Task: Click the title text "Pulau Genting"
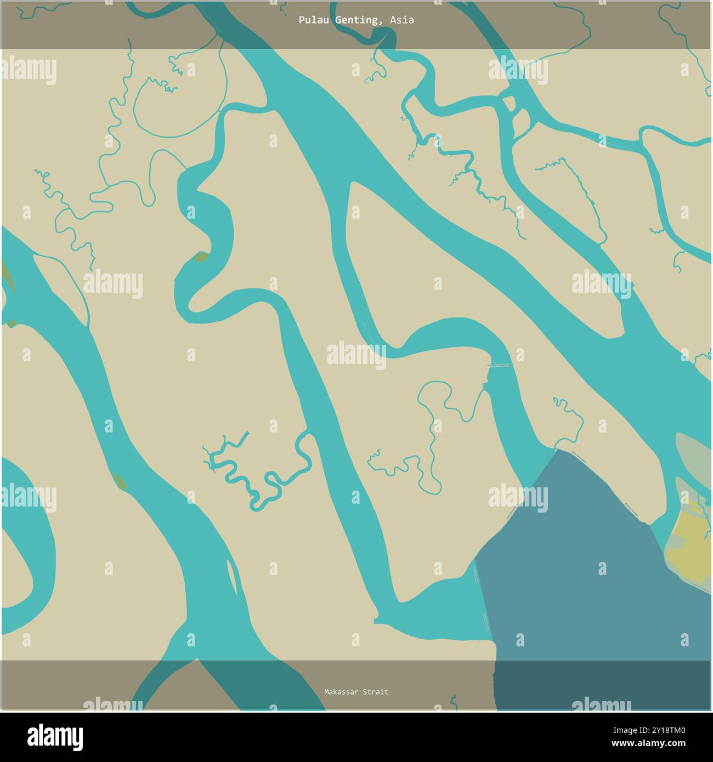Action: click(338, 20)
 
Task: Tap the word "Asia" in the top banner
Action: click(402, 20)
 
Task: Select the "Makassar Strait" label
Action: click(356, 692)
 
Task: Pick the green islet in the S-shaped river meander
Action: click(201, 257)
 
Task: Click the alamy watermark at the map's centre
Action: click(356, 352)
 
